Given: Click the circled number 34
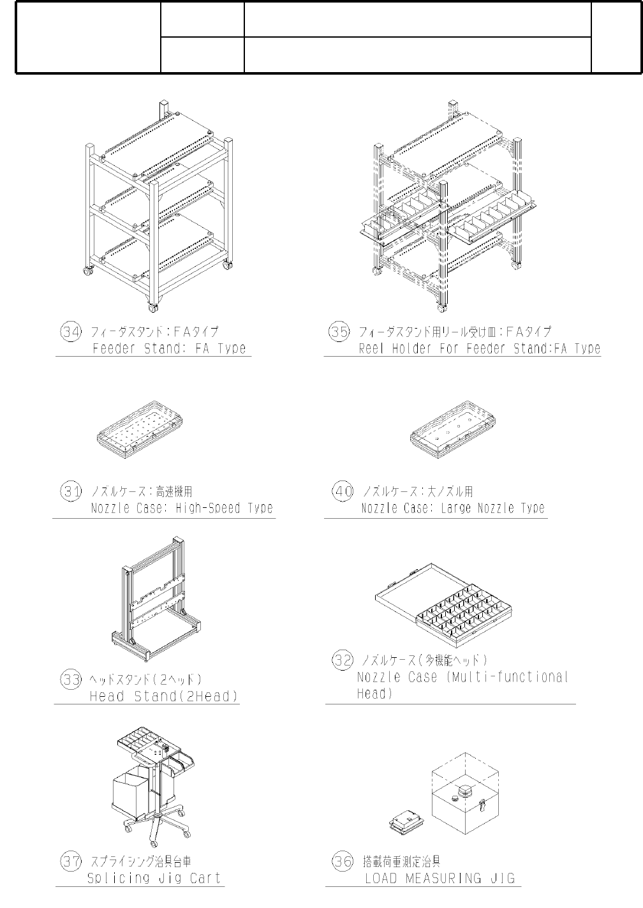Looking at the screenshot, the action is tap(71, 332).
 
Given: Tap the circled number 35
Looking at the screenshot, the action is tap(338, 332).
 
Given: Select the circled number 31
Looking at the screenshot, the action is tap(71, 491).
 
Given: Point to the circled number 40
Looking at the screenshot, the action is tap(343, 491).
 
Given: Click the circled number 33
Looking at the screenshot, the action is tap(71, 679).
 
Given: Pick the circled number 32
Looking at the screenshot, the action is tap(343, 660).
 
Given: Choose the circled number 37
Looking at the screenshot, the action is tap(71, 861).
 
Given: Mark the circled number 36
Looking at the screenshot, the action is tap(343, 861).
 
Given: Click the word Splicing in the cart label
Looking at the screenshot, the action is tap(118, 878).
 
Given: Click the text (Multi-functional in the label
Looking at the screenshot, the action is tap(503, 677).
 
